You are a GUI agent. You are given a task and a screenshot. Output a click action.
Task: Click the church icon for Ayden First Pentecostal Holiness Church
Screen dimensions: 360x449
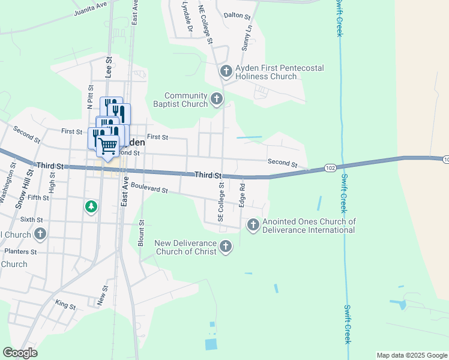(x=226, y=72)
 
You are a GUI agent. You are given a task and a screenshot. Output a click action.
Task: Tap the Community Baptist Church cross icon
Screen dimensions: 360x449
(x=217, y=99)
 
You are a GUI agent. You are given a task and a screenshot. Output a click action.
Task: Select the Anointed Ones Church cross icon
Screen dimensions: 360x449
(x=253, y=225)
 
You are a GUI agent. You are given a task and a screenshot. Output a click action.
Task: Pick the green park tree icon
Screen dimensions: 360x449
(x=91, y=207)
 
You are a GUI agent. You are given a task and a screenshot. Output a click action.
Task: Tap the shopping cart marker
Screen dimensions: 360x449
(x=108, y=146)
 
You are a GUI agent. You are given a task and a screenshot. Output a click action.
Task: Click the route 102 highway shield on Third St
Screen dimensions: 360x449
(x=330, y=169)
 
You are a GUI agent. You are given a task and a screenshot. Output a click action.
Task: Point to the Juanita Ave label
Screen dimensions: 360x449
(x=90, y=8)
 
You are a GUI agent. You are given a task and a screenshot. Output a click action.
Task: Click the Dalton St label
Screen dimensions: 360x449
(x=237, y=16)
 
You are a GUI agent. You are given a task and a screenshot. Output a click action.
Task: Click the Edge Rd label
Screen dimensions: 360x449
(x=242, y=195)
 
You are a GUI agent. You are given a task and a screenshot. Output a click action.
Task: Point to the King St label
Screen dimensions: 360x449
(x=65, y=305)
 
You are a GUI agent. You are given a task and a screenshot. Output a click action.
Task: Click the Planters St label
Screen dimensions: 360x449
(x=21, y=251)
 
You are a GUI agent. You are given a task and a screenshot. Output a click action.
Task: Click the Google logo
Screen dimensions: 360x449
(x=20, y=352)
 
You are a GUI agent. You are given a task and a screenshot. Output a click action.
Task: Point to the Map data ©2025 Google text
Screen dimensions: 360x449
(x=411, y=355)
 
